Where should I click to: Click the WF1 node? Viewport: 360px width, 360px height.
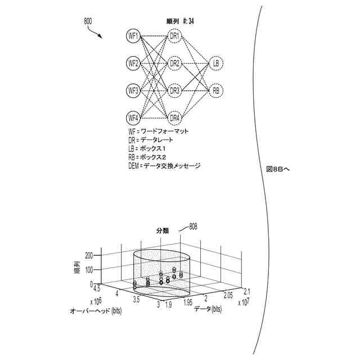133,36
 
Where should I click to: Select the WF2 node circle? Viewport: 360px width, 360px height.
133,63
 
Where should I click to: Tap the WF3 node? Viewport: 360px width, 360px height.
133,90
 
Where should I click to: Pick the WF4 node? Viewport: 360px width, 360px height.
133,118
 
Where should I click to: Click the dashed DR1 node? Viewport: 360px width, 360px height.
174,36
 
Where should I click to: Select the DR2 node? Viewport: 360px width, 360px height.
174,63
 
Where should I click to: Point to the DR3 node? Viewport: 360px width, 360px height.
174,90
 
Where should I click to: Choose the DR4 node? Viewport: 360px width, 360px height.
174,118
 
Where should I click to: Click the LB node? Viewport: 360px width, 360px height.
215,63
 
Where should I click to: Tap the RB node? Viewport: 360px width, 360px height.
215,90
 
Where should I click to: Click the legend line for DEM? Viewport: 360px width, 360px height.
164,166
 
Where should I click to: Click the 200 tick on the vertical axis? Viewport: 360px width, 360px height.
88,255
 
